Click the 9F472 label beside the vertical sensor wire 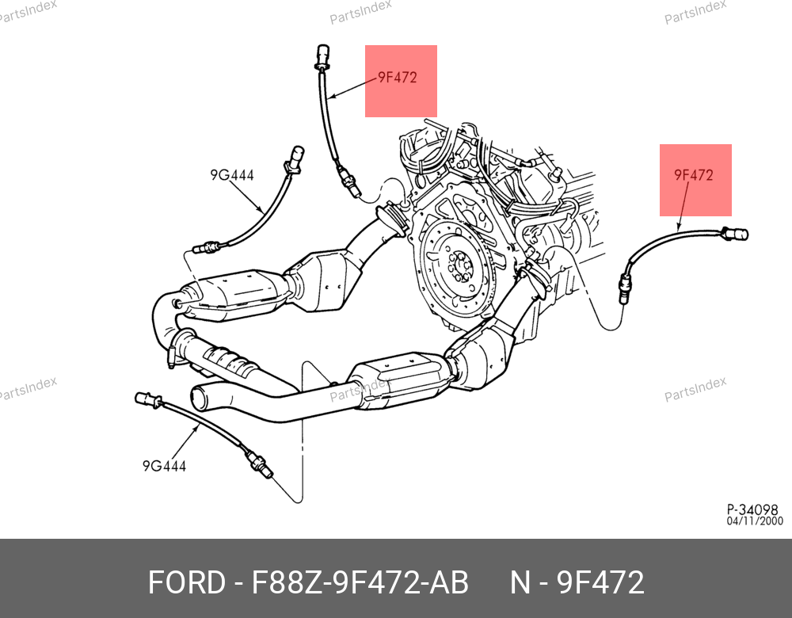[397, 78]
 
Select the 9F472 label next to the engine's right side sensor [694, 175]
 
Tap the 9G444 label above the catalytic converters [231, 175]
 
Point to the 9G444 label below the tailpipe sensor [164, 466]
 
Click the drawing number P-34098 [753, 509]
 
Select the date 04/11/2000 [755, 521]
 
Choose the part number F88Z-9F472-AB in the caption [360, 583]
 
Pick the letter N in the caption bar [520, 583]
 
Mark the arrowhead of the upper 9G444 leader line [264, 211]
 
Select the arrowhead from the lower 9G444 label [198, 425]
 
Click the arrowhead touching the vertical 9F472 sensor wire [332, 97]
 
